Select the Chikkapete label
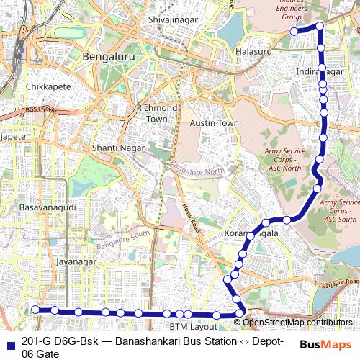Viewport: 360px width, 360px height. [x=46, y=86]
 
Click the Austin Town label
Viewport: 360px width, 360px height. [x=214, y=123]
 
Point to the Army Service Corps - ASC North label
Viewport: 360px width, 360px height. [x=284, y=160]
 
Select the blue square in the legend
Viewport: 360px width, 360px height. [x=9, y=342]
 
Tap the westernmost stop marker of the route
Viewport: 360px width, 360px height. [x=35, y=310]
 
